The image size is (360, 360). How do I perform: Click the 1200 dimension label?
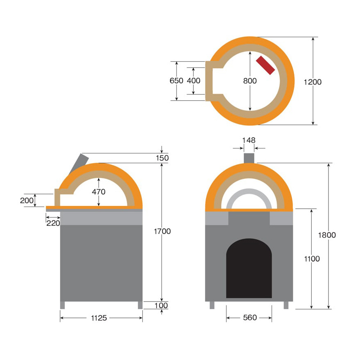point(313,82)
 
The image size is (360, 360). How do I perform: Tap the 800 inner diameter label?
point(250,81)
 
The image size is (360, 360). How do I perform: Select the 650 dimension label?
point(176,81)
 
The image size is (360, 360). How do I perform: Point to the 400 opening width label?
point(193,81)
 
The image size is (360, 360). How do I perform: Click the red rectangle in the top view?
point(265,65)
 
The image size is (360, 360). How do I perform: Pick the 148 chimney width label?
point(249,140)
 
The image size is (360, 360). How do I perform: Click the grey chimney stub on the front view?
point(249,158)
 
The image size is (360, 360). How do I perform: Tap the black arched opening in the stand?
point(249,268)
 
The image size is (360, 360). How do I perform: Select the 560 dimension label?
point(250,317)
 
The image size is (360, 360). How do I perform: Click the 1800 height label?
point(327,235)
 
